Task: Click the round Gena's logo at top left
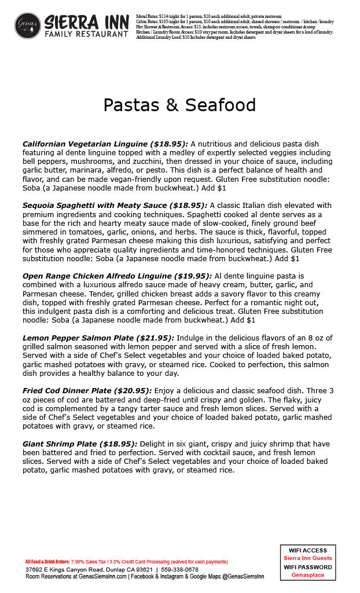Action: click(x=28, y=25)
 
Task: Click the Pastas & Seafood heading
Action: click(x=179, y=105)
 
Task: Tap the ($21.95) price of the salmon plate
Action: click(x=155, y=338)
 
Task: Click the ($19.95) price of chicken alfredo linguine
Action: click(x=193, y=276)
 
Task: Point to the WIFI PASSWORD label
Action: click(x=308, y=567)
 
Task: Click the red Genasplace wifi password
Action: click(x=308, y=575)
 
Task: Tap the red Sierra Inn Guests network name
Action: click(x=308, y=558)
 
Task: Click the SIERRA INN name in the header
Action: click(x=86, y=22)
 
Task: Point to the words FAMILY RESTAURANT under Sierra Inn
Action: click(x=86, y=35)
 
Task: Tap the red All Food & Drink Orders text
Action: click(x=47, y=562)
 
